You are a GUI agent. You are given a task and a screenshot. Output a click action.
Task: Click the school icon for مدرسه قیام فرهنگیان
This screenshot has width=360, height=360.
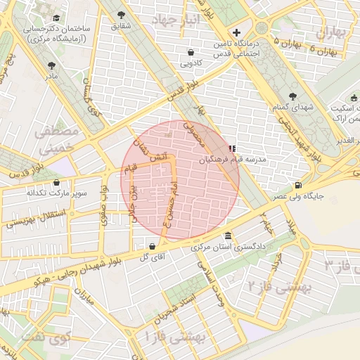click(231, 148)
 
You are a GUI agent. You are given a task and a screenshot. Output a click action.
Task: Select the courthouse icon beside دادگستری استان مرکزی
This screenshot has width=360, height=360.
click(227, 236)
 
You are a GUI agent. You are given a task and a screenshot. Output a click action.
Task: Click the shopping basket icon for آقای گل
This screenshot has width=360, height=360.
click(153, 246)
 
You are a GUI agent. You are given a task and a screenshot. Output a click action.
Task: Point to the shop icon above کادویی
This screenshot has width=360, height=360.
click(191, 52)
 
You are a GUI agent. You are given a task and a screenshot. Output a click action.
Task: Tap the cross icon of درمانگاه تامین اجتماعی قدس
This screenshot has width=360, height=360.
click(237, 32)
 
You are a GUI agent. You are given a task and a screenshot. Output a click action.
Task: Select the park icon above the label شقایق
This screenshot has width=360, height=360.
click(122, 15)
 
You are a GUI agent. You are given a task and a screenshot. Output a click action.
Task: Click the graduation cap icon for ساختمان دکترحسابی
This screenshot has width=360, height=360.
click(56, 19)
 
